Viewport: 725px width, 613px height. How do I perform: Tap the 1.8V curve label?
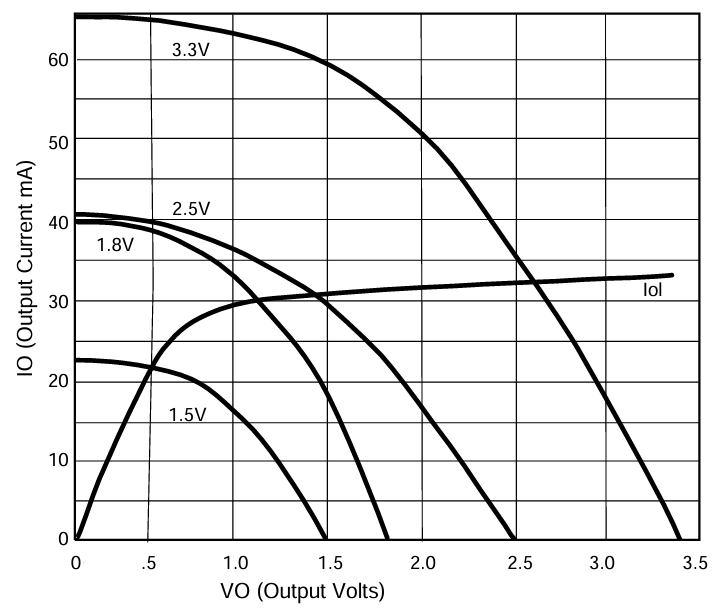pyautogui.click(x=115, y=244)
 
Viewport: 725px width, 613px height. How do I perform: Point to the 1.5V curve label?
pyautogui.click(x=188, y=413)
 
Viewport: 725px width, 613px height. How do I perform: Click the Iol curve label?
pyautogui.click(x=653, y=292)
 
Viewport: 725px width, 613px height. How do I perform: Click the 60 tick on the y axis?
pyautogui.click(x=56, y=59)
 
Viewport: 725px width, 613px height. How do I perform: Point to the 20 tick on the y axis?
pyautogui.click(x=56, y=380)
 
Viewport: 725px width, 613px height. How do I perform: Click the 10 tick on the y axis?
pyautogui.click(x=56, y=460)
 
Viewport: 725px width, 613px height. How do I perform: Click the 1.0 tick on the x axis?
pyautogui.click(x=234, y=562)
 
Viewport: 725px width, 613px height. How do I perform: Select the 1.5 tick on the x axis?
pyautogui.click(x=329, y=562)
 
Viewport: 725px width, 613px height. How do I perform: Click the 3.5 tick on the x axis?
pyautogui.click(x=696, y=562)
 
